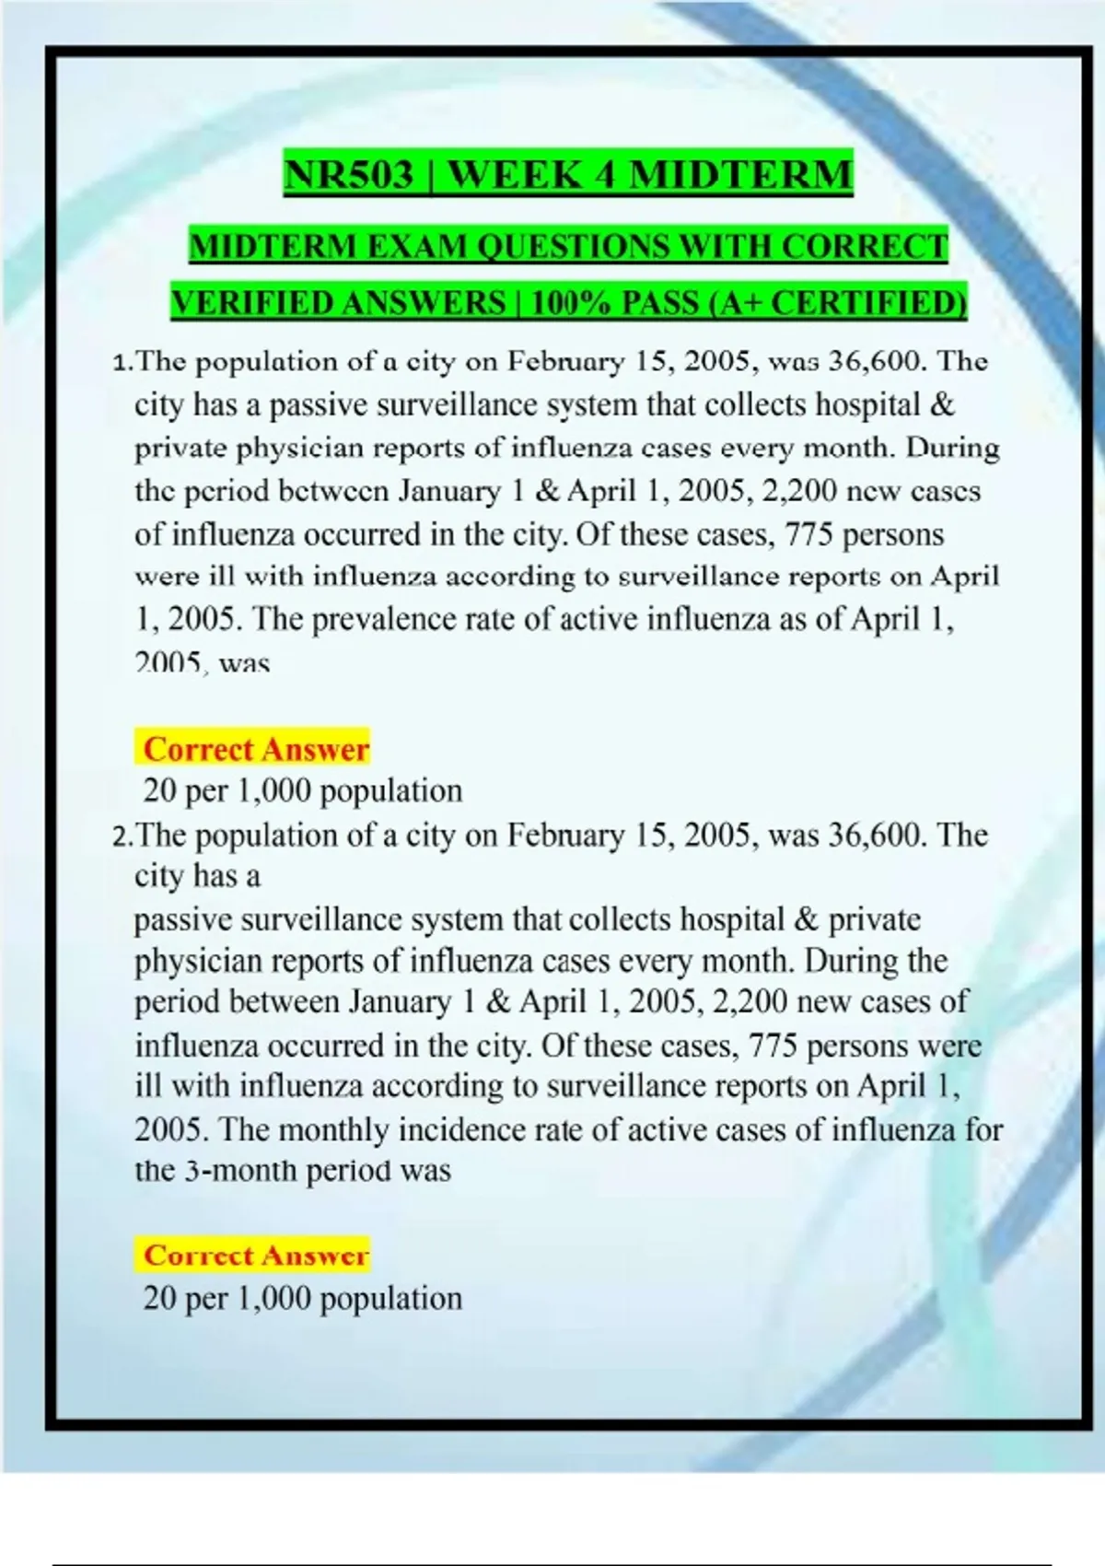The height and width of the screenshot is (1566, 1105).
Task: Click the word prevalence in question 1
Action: point(387,619)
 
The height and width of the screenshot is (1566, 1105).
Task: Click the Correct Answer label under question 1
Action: point(256,750)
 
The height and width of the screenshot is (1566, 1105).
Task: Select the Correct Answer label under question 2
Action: point(256,1256)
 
